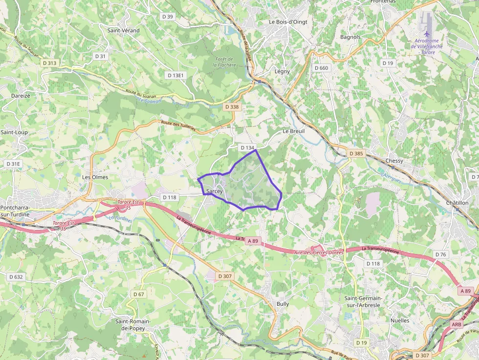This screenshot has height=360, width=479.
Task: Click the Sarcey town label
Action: [x=215, y=191]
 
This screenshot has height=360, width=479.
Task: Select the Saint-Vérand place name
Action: [x=123, y=30]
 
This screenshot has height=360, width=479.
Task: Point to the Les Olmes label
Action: [x=95, y=177]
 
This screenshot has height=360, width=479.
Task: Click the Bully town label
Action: [x=283, y=304]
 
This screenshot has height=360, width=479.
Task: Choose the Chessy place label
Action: [x=394, y=161]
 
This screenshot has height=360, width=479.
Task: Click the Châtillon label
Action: [x=457, y=203]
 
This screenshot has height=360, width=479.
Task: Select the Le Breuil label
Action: [x=294, y=131]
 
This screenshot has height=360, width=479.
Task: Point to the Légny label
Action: [x=282, y=71]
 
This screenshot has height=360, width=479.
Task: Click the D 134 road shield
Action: [x=247, y=148]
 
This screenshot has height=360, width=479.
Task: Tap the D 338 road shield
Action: [x=232, y=106]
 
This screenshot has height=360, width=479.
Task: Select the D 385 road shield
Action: [x=356, y=154]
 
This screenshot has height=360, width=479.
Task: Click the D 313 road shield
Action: [x=49, y=63]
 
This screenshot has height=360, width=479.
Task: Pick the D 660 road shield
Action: [x=322, y=68]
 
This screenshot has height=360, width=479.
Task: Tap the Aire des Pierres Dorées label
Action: [x=319, y=252]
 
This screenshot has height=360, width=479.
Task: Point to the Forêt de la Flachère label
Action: [x=224, y=62]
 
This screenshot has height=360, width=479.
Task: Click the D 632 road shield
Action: [x=16, y=277]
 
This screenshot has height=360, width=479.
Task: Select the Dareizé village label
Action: [x=21, y=96]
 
